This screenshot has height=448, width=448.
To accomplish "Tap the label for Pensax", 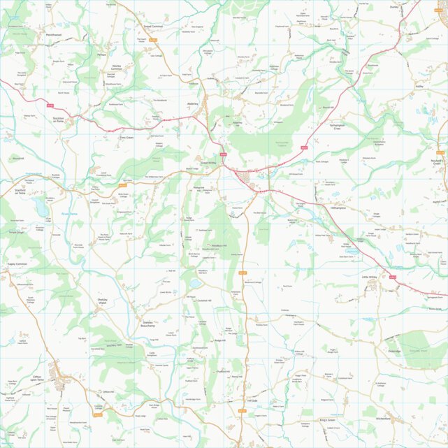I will (x=101, y=54).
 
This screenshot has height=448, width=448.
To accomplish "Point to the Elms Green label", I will (x=127, y=138).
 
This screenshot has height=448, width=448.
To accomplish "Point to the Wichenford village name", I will (x=383, y=419).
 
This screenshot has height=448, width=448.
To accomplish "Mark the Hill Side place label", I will (x=253, y=401).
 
